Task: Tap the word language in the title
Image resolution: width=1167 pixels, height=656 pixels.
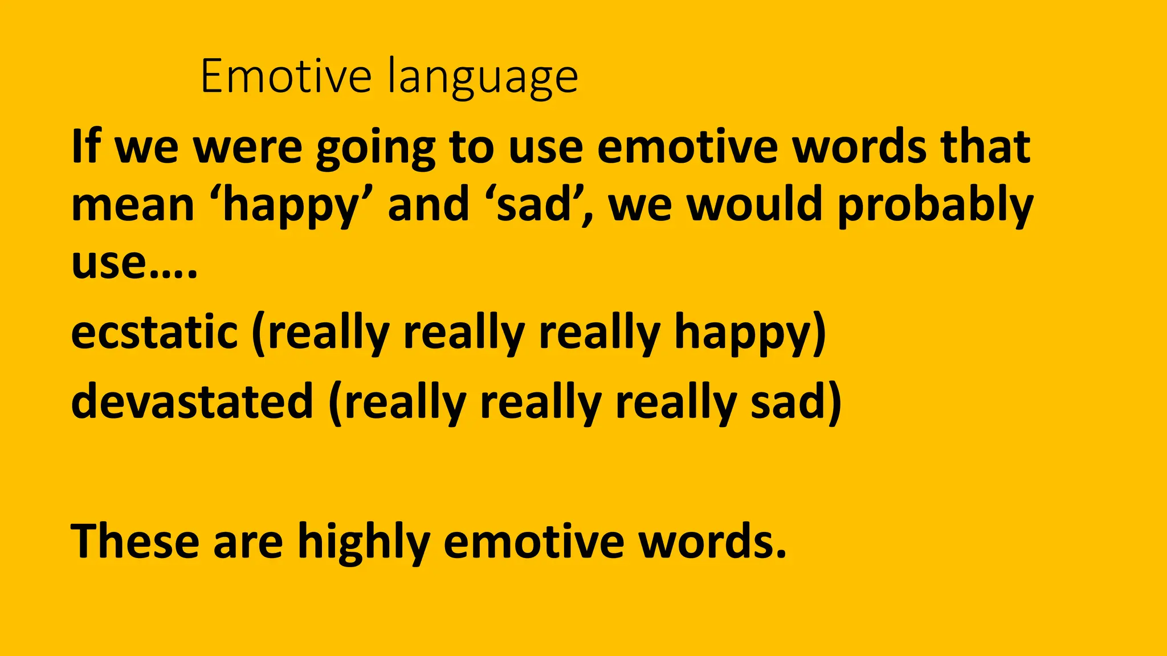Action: pos(483,77)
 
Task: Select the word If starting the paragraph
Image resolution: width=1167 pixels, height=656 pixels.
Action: pos(86,146)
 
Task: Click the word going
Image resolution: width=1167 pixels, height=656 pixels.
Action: pos(376,148)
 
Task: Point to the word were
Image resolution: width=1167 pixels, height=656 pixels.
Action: pos(248,147)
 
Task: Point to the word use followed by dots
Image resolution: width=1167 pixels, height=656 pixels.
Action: pos(108,263)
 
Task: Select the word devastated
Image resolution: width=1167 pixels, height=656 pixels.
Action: pos(192,401)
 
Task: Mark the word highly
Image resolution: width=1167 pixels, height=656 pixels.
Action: pos(364,542)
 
